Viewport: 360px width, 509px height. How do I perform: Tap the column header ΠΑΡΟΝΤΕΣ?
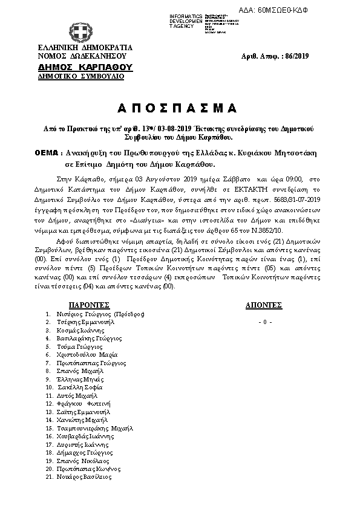[x=88, y=306]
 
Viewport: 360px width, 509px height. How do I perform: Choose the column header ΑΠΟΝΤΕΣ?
[x=264, y=306]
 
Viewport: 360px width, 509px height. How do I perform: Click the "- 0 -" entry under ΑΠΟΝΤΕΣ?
[x=265, y=322]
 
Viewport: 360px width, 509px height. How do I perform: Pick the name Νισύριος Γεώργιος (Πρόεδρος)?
[x=100, y=314]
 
